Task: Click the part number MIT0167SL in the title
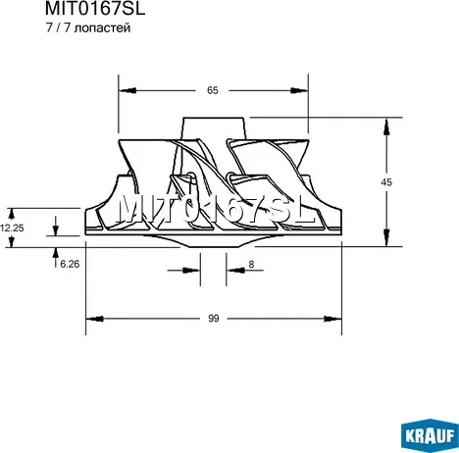(x=95, y=9)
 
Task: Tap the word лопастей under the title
(x=102, y=28)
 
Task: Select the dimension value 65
(x=213, y=90)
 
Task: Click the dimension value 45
(x=386, y=182)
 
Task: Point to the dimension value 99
(x=213, y=319)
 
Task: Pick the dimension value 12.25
(x=12, y=227)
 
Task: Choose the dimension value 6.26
(x=70, y=264)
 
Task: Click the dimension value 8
(x=251, y=264)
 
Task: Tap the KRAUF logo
(x=430, y=435)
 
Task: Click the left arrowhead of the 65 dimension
(x=127, y=90)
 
